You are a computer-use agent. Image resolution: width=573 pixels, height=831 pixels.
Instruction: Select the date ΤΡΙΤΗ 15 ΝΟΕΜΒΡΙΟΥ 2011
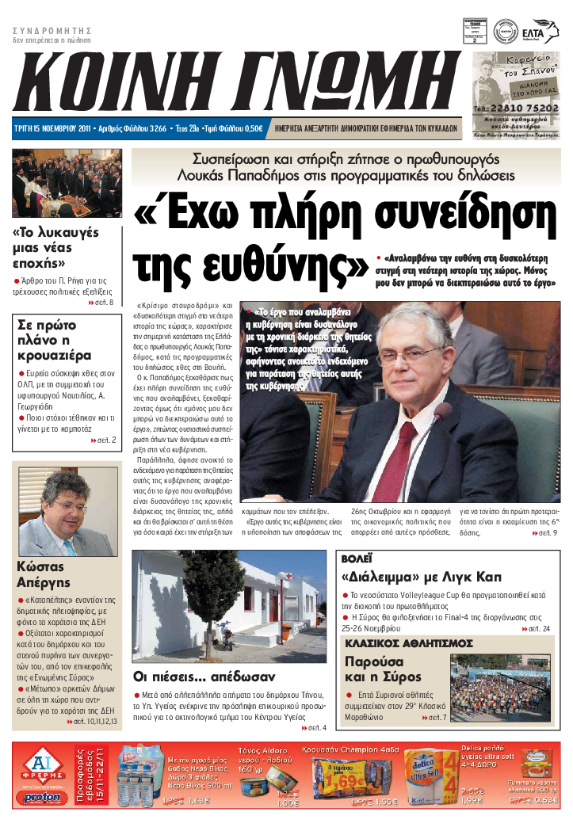pos(52,127)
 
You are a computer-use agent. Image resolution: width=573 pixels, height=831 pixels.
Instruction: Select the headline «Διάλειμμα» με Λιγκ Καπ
pos(421,577)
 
